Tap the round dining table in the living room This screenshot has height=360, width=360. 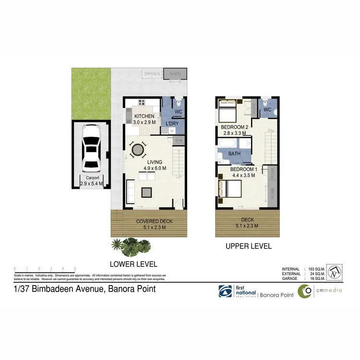click(x=138, y=150)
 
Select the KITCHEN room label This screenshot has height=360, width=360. click(x=144, y=117)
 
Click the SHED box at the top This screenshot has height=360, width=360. click(x=175, y=74)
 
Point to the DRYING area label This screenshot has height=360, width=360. click(x=152, y=74)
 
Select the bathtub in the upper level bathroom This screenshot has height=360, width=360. click(x=227, y=144)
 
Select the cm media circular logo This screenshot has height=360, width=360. click(x=304, y=291)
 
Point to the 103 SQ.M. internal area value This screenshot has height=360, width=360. click(x=317, y=269)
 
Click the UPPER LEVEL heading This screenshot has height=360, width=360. click(x=249, y=246)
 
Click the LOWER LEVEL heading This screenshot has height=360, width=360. click(x=133, y=264)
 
